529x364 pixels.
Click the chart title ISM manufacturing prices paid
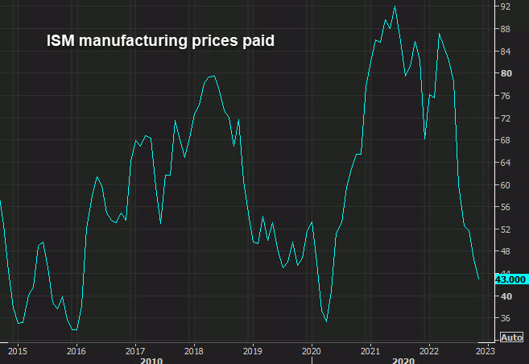160,39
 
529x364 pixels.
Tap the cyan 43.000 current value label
510,279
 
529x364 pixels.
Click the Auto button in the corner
510,337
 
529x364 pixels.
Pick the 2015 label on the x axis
18,351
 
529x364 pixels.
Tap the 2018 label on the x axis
193,351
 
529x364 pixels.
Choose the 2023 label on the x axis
486,351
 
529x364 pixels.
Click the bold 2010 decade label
151,361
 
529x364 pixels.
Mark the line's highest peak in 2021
395,6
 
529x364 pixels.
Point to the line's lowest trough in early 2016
74,329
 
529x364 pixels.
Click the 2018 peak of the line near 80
212,76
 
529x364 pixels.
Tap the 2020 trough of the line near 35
326,321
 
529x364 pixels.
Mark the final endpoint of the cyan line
479,279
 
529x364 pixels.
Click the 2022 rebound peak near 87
439,34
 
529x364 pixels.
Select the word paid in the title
258,39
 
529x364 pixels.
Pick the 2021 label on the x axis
370,351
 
